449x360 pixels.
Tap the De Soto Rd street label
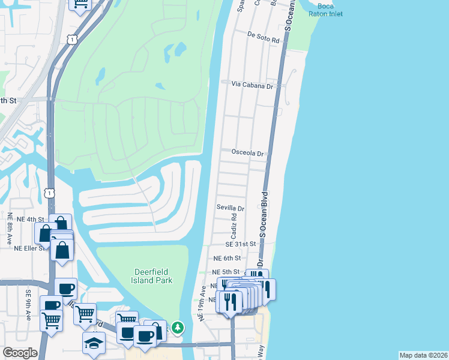point(264,40)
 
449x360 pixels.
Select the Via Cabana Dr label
point(253,86)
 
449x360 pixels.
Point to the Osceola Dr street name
point(249,154)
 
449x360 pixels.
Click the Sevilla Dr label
point(231,208)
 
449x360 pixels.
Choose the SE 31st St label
point(241,244)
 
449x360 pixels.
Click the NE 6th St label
point(227,258)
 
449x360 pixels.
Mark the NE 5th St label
point(227,272)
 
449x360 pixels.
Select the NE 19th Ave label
point(203,302)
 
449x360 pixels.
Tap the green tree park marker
point(176,328)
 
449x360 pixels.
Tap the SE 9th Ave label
point(28,305)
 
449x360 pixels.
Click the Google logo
point(20,352)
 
